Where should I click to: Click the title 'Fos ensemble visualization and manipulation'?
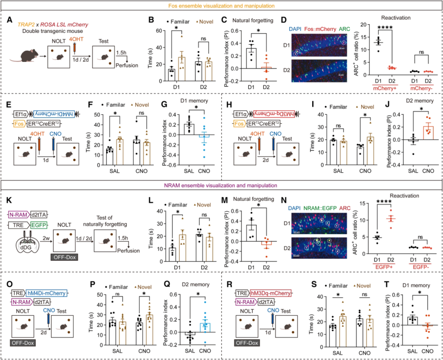[x=221, y=6]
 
